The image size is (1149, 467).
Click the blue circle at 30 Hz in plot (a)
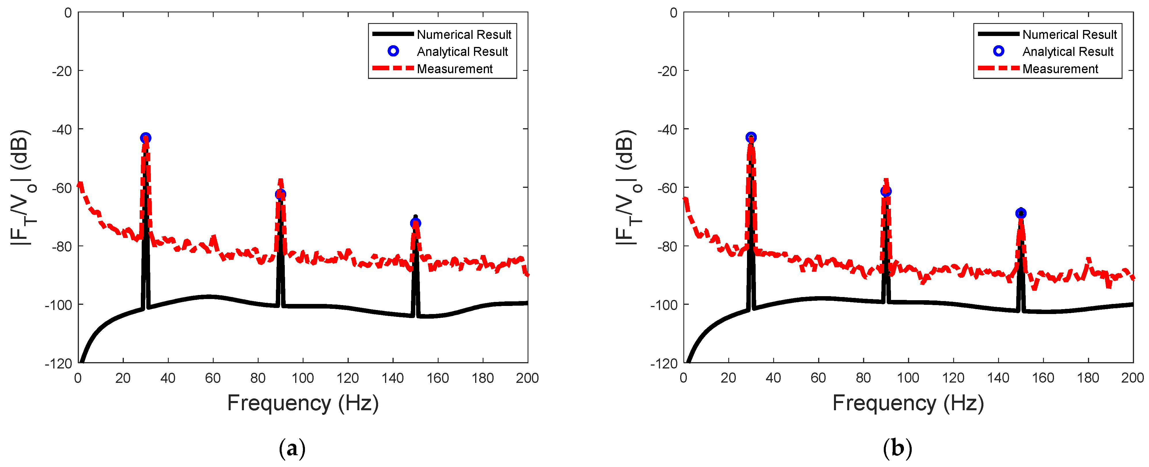145,138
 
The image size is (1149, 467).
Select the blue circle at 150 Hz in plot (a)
415,223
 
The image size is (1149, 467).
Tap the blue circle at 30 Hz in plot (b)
751,137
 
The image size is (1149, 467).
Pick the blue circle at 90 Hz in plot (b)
886,191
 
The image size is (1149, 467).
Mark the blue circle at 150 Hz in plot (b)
1021,213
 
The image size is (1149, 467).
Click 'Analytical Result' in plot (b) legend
1068,52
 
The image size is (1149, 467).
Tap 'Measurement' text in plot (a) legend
454,69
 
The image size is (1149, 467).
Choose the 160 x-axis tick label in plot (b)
1043,378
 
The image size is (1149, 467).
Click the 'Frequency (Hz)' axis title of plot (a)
303,403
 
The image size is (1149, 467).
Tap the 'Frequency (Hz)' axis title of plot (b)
908,403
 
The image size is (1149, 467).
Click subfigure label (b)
897,448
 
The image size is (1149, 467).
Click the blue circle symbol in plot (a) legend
393,51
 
